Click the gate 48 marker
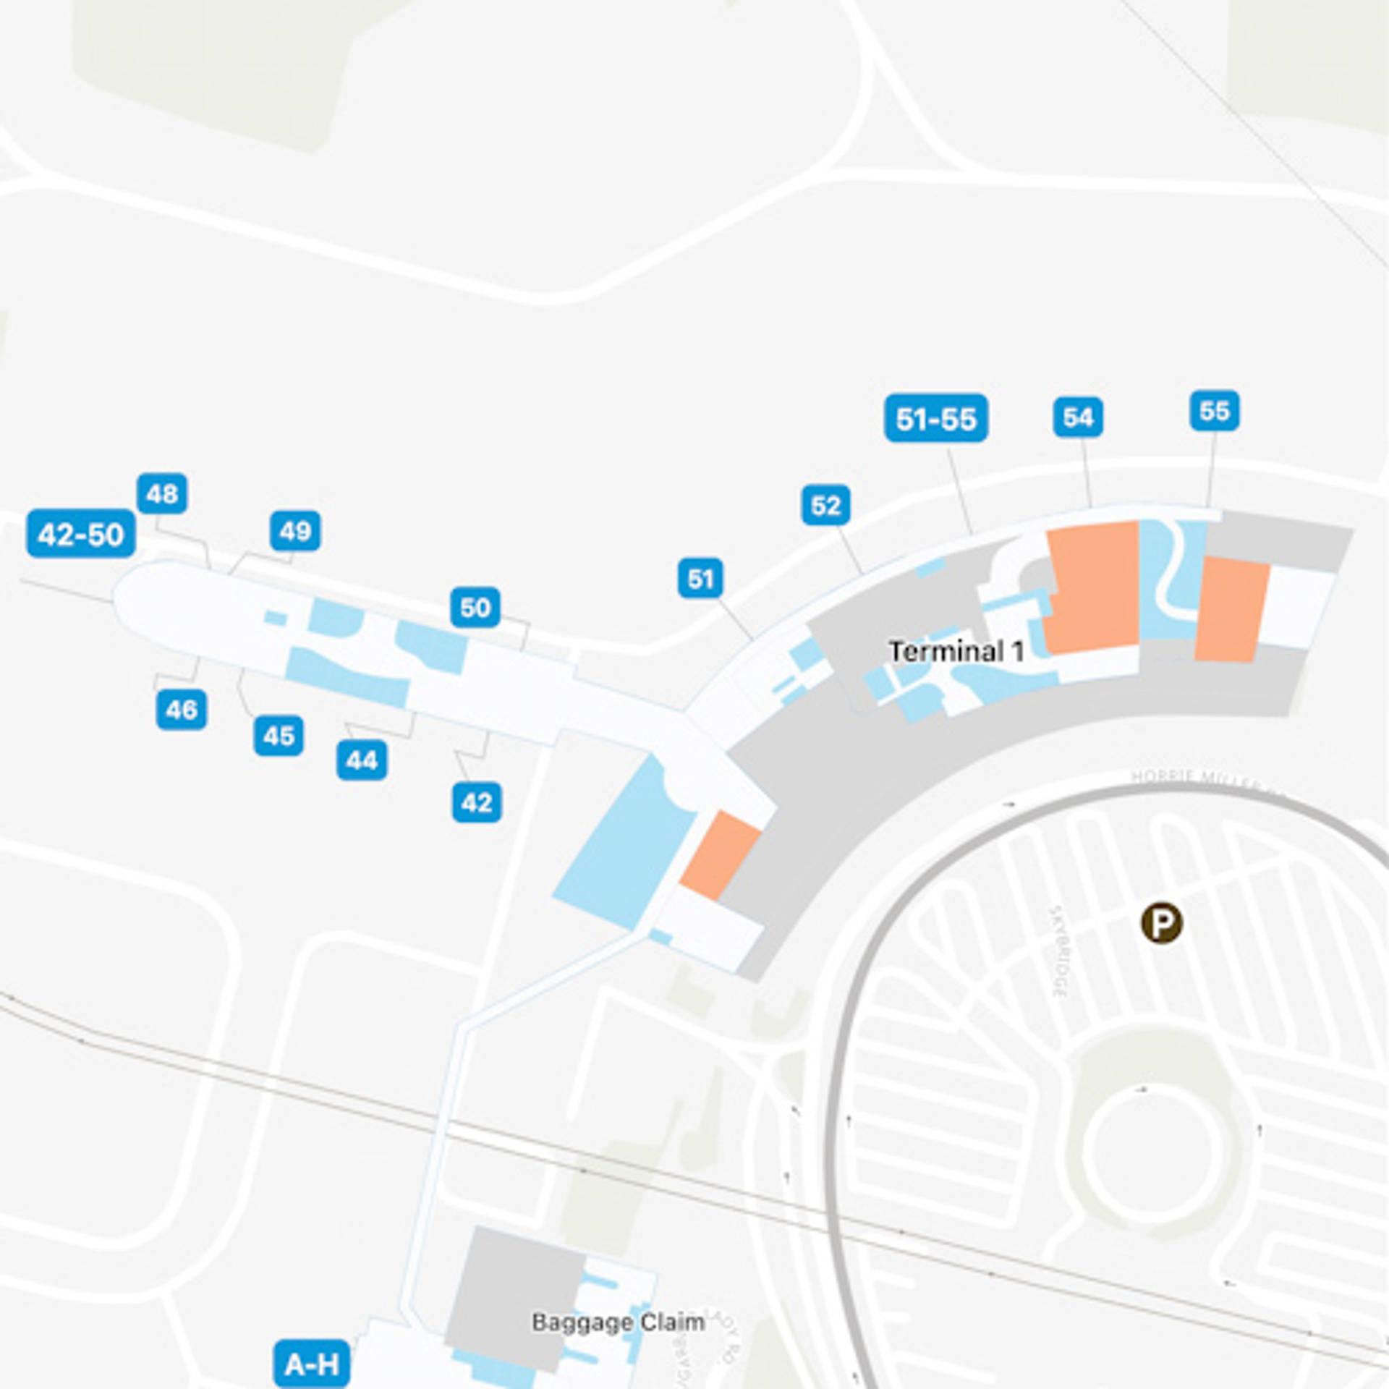pyautogui.click(x=161, y=493)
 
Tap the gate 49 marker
pyautogui.click(x=295, y=531)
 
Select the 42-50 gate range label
pyautogui.click(x=81, y=534)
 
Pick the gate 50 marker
pyautogui.click(x=475, y=607)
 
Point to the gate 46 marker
pyautogui.click(x=181, y=709)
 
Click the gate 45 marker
pyautogui.click(x=279, y=736)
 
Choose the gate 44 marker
pyautogui.click(x=362, y=760)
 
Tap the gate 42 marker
pyautogui.click(x=477, y=802)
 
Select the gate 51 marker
pyautogui.click(x=700, y=578)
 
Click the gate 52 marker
pyautogui.click(x=826, y=505)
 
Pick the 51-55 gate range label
pyautogui.click(x=936, y=418)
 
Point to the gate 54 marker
pyautogui.click(x=1078, y=417)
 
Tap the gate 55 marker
pyautogui.click(x=1215, y=410)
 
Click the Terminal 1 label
pyautogui.click(x=956, y=651)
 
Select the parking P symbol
pyautogui.click(x=1162, y=923)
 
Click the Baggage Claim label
pyautogui.click(x=619, y=1322)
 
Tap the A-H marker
pyautogui.click(x=312, y=1364)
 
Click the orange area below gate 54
pyautogui.click(x=1092, y=586)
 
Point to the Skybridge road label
pyautogui.click(x=1059, y=951)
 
